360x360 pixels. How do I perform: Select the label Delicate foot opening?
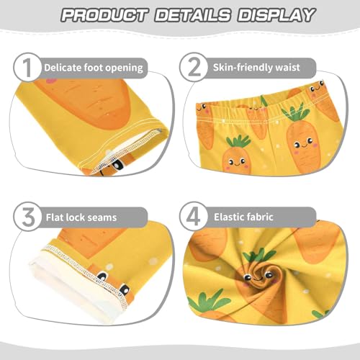[93, 68]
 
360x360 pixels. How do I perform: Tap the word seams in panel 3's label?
[104, 215]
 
